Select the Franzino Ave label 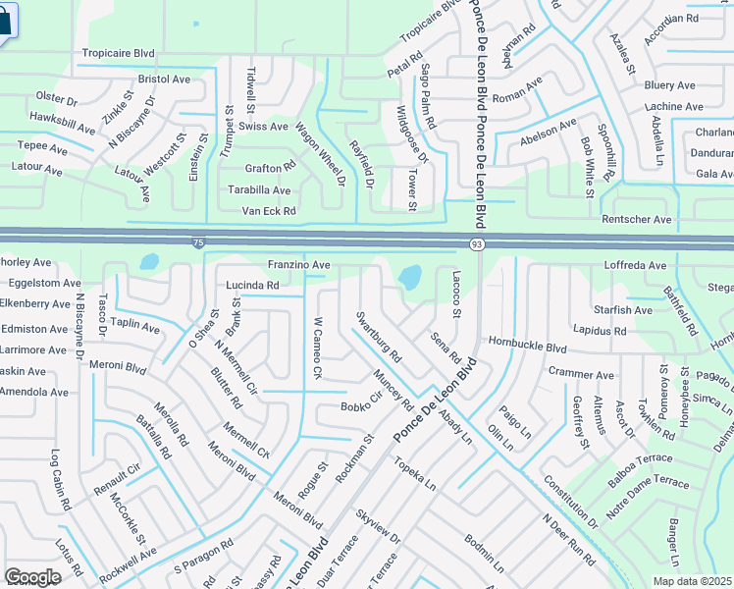pyautogui.click(x=298, y=265)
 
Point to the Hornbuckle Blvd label pyautogui.click(x=529, y=348)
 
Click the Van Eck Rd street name pyautogui.click(x=269, y=211)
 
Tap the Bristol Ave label pyautogui.click(x=165, y=79)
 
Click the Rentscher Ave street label pyautogui.click(x=636, y=220)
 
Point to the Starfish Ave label pyautogui.click(x=624, y=310)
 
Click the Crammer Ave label pyautogui.click(x=581, y=375)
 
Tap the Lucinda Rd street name pyautogui.click(x=252, y=286)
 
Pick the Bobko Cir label pyautogui.click(x=360, y=406)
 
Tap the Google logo pyautogui.click(x=32, y=577)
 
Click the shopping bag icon pyautogui.click(x=5, y=22)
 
